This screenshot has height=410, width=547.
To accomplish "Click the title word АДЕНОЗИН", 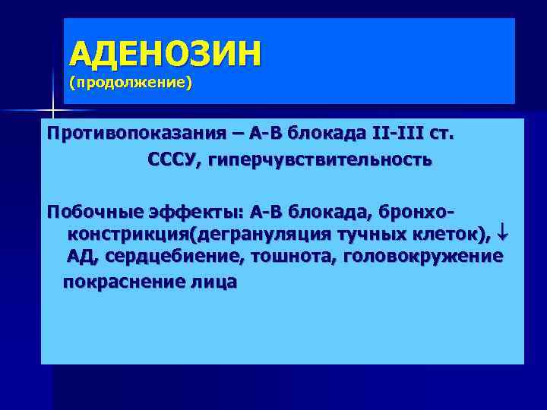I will click(x=165, y=54).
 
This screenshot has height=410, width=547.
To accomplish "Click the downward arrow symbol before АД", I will click(x=501, y=233).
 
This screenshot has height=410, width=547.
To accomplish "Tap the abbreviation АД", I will click(x=81, y=257).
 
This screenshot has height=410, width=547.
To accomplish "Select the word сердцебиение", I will click(x=174, y=257).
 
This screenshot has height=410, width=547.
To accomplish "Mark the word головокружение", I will click(x=423, y=257).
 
